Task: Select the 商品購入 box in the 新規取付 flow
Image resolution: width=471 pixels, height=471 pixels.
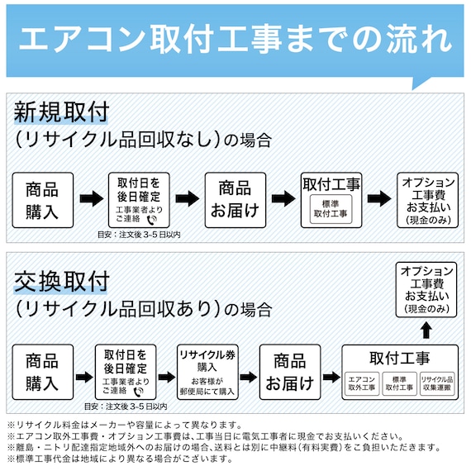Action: click(42, 199)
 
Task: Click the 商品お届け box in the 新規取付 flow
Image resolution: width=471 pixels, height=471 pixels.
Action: click(235, 199)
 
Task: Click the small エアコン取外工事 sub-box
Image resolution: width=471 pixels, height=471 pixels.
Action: click(362, 383)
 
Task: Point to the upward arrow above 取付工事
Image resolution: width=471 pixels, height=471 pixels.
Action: click(426, 330)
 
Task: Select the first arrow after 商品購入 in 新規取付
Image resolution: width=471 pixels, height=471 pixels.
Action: click(91, 199)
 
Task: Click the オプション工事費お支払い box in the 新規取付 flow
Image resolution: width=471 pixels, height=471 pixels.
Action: click(427, 199)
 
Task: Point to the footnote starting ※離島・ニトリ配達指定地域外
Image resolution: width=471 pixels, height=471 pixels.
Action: click(223, 447)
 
